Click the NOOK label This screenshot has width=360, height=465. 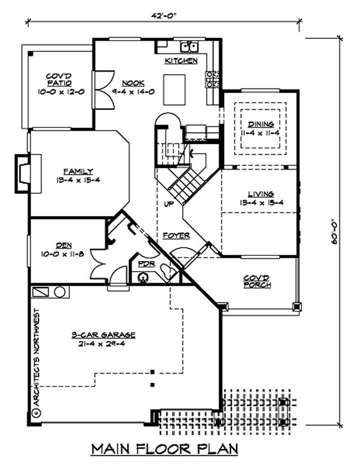point(133,83)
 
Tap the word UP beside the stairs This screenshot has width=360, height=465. point(169,204)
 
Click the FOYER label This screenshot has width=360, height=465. point(176,235)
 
